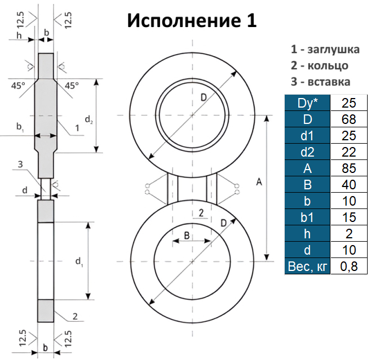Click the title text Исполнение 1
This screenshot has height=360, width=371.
pyautogui.click(x=192, y=21)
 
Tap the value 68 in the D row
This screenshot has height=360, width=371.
pyautogui.click(x=349, y=119)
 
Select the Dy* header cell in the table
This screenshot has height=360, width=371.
pyautogui.click(x=307, y=103)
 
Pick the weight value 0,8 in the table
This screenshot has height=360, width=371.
pyautogui.click(x=349, y=266)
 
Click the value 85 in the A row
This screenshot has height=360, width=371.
pyautogui.click(x=349, y=168)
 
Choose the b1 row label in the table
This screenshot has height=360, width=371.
pyautogui.click(x=307, y=217)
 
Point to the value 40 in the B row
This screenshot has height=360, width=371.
pyautogui.click(x=349, y=185)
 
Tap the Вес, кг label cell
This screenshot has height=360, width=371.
pyautogui.click(x=307, y=266)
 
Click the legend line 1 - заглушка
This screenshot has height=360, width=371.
pyautogui.click(x=325, y=50)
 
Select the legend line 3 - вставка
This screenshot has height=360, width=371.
pyautogui.click(x=321, y=82)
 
